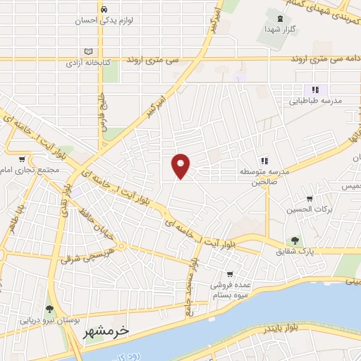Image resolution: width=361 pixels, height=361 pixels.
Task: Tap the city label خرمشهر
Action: click(111, 331)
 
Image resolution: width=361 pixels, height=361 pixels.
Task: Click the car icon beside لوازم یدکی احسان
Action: click(104, 9)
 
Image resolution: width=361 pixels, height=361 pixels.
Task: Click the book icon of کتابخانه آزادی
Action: click(88, 51)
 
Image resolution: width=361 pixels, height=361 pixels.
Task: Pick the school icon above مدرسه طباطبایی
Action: click(315, 90)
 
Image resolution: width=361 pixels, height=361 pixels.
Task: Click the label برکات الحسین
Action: click(310, 209)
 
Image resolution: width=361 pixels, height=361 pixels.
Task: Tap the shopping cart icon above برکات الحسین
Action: click(310, 198)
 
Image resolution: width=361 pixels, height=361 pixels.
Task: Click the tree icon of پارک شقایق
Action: click(295, 240)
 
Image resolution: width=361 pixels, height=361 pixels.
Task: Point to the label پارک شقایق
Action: click(295, 252)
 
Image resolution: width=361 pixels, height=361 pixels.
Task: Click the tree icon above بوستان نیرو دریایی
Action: click(49, 309)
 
